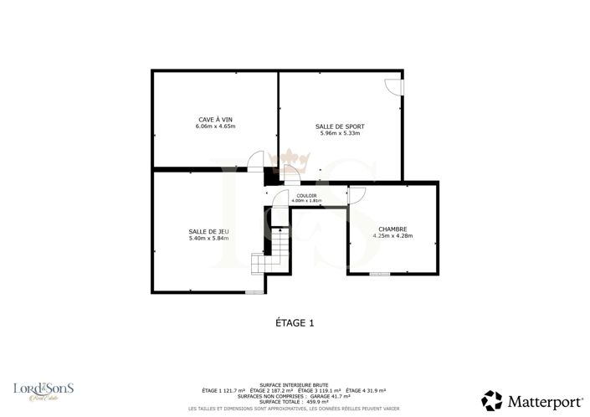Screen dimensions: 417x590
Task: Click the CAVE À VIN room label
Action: (x=215, y=120)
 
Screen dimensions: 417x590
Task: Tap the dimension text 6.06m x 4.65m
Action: (x=215, y=126)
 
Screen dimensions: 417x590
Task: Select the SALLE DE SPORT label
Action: (x=340, y=126)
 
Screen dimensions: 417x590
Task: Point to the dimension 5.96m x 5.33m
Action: (x=340, y=133)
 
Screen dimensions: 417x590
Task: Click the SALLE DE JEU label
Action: (x=208, y=231)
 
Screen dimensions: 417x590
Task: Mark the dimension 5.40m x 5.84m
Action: (x=208, y=238)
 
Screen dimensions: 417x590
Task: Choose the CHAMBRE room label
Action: (x=392, y=229)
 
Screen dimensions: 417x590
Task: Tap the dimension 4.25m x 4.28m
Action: (x=392, y=235)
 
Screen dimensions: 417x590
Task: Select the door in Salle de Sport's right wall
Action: (x=395, y=87)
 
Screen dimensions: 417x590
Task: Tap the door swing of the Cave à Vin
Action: (x=257, y=161)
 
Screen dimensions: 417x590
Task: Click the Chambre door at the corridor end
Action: (x=356, y=195)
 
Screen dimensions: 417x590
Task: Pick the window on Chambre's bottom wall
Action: (x=379, y=273)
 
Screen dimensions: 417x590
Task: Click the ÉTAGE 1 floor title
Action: (x=295, y=322)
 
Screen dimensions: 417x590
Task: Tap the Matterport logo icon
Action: (x=492, y=399)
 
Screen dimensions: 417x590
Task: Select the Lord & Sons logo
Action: (x=44, y=390)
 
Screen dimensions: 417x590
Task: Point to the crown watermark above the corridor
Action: (x=294, y=157)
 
